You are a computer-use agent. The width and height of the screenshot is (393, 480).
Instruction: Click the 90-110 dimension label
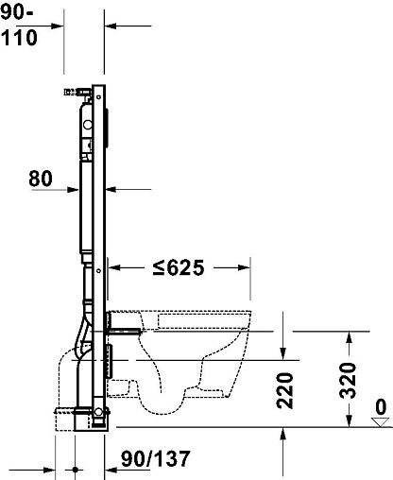coord(19,26)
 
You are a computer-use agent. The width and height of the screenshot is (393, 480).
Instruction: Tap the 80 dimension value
coord(41,179)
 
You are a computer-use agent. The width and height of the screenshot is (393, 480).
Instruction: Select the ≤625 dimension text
coord(179,267)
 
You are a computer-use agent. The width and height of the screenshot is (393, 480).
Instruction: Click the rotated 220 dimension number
coord(285,390)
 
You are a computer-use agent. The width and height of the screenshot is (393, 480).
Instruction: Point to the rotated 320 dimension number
coord(348,380)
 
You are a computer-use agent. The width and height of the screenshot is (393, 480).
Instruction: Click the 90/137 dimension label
coord(156,458)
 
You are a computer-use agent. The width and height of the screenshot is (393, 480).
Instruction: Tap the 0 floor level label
coord(381,406)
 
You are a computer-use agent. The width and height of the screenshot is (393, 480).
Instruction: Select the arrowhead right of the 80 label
coord(73,190)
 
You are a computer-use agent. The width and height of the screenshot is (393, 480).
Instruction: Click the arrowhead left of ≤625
coord(114,267)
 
